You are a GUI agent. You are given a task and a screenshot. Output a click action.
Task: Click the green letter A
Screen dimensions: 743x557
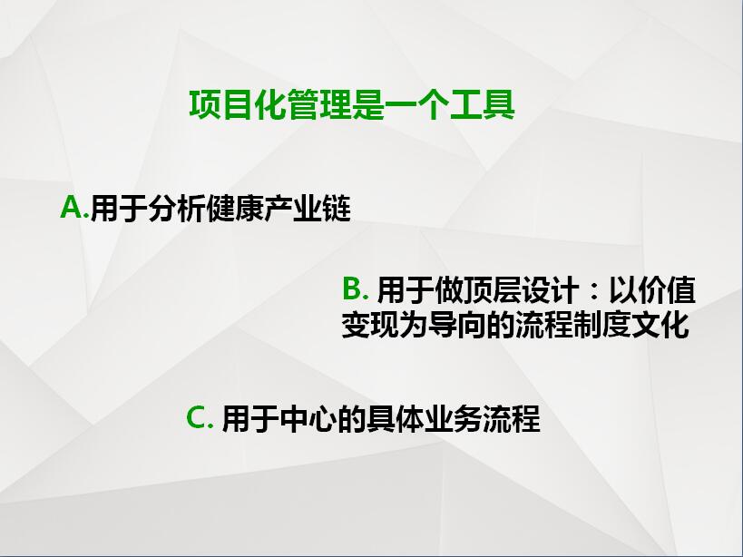point(72,208)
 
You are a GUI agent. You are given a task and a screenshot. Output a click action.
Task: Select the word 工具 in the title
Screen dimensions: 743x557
point(483,104)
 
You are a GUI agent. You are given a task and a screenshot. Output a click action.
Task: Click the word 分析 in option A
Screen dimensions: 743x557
point(177,209)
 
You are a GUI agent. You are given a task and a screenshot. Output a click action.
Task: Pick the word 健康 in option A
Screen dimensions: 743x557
point(235,209)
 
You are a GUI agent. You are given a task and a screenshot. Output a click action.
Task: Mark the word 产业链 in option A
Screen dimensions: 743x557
point(308,209)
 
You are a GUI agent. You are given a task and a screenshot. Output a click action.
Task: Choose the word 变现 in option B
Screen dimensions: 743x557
point(370,325)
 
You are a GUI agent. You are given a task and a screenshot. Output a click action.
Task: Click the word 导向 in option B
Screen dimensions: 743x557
point(458,325)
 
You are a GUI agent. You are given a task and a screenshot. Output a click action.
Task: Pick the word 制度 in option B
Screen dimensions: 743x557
point(601,325)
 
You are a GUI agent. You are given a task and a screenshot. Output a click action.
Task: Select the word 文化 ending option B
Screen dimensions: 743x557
point(660,325)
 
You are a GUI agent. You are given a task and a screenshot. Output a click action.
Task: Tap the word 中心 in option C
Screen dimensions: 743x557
point(308,419)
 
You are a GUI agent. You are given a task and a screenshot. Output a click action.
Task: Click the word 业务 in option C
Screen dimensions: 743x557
point(453,419)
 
